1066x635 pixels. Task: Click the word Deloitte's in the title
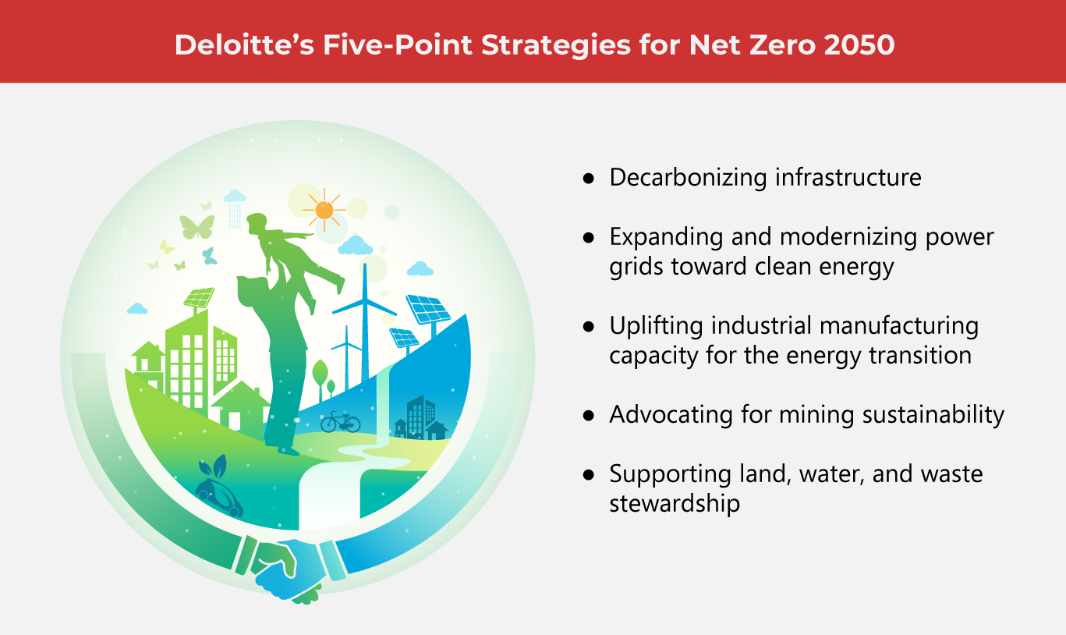coord(245,44)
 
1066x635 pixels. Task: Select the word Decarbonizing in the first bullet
coord(688,177)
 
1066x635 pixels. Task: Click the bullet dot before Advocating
coord(589,416)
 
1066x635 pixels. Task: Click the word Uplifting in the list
coord(657,327)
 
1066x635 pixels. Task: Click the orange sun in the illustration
coord(324,210)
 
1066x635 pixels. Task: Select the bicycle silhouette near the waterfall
coord(340,422)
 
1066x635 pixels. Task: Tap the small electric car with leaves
coord(218,489)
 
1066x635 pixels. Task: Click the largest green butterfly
coord(197,227)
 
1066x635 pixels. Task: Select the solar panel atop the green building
coord(199,298)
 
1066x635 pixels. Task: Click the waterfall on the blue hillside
coord(383,404)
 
